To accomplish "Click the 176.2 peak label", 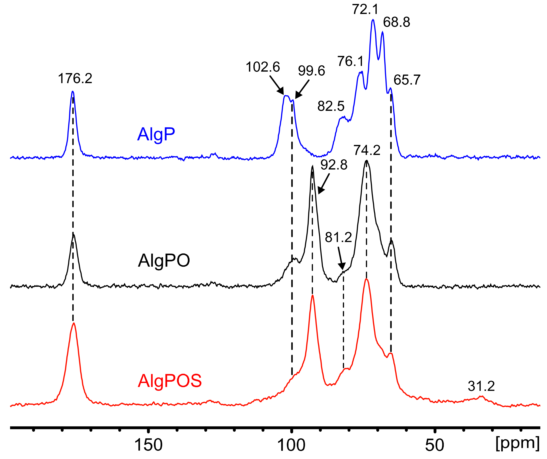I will coord(75,79).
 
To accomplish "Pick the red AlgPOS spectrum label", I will coord(170,381).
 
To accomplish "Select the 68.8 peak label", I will coord(396,22).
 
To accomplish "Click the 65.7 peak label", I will coord(407,80).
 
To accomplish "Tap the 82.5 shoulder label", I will coord(331,106).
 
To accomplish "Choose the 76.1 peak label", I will coord(350,61).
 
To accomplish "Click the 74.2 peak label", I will coord(367,150).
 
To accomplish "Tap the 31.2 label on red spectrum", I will coord(481,386).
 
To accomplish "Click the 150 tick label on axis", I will coord(148,445).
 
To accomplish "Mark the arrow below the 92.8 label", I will coord(324,184).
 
